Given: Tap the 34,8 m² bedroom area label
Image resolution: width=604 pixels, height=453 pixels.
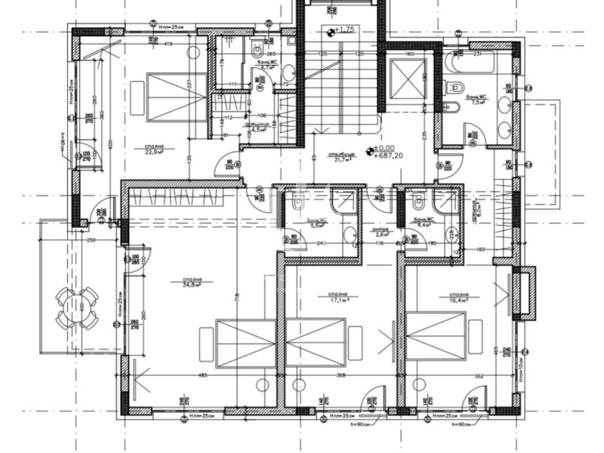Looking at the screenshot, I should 190,284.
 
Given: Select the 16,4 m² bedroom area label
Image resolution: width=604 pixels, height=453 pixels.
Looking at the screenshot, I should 458,297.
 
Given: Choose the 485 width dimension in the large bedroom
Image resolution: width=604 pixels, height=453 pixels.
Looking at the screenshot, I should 202,375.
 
